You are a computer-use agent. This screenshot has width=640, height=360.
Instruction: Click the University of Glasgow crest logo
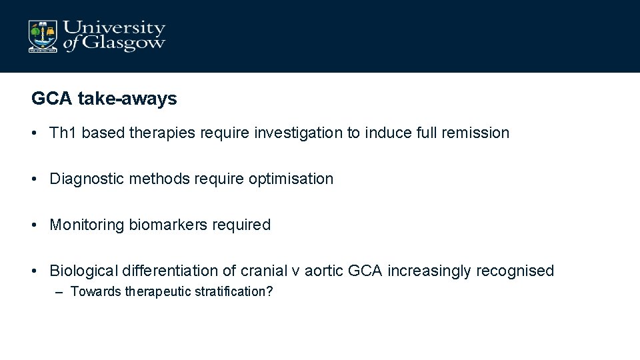click(43, 36)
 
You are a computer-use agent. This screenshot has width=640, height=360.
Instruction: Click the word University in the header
click(114, 29)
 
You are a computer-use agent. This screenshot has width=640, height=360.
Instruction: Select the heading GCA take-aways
click(104, 99)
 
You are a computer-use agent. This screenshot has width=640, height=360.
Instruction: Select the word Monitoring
click(87, 225)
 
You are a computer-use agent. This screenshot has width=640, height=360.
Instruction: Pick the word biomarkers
click(168, 225)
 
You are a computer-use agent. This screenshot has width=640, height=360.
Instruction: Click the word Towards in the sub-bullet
click(96, 291)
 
